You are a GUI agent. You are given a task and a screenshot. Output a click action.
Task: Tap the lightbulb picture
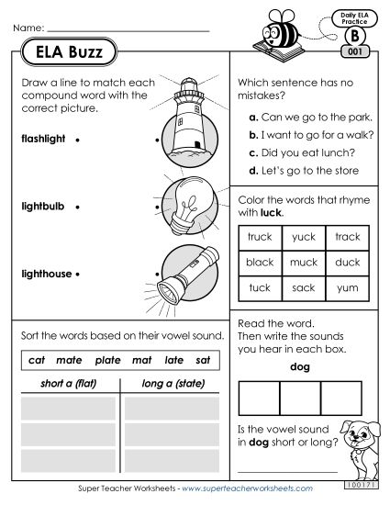(x=187, y=206)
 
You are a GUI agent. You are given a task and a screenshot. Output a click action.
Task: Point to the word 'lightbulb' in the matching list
(x=42, y=208)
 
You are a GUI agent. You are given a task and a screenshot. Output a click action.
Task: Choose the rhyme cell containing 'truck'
(x=260, y=236)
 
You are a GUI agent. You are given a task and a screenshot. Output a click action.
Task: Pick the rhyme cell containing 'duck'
(x=347, y=262)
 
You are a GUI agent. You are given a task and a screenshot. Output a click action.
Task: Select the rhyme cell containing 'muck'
(x=303, y=262)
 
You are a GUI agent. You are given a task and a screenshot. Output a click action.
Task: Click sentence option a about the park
(x=302, y=118)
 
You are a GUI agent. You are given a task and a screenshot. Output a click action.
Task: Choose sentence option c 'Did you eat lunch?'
(x=298, y=152)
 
